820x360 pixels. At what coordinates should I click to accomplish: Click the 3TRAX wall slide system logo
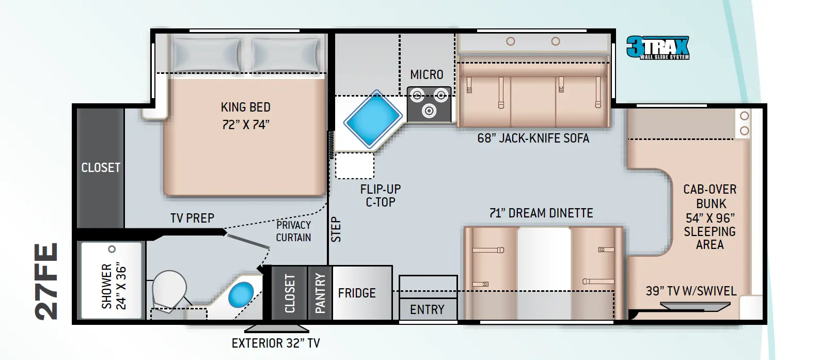click(x=657, y=48)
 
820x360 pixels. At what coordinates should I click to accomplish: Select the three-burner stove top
click(x=429, y=103)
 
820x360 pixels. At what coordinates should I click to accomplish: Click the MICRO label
click(x=427, y=75)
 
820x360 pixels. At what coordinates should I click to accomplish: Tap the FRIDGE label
click(x=357, y=293)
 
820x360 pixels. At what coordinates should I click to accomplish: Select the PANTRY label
click(x=320, y=293)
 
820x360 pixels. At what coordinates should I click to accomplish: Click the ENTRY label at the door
click(x=427, y=309)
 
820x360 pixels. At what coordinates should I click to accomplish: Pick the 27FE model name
click(x=46, y=281)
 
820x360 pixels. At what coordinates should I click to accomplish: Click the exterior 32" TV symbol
click(x=276, y=328)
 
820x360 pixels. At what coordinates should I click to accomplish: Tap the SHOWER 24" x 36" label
click(x=114, y=286)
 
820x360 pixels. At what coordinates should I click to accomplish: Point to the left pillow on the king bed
click(x=207, y=54)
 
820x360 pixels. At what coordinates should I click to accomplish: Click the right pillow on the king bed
click(x=285, y=54)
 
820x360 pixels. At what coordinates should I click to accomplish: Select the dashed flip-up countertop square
click(x=354, y=166)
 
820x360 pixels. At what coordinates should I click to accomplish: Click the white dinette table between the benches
click(x=544, y=273)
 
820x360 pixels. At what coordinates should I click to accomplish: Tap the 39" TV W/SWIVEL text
click(x=691, y=291)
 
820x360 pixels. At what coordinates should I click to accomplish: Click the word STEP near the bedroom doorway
click(x=336, y=230)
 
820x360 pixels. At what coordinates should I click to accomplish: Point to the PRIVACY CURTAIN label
click(x=293, y=231)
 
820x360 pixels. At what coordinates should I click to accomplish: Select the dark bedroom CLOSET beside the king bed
click(x=101, y=168)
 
